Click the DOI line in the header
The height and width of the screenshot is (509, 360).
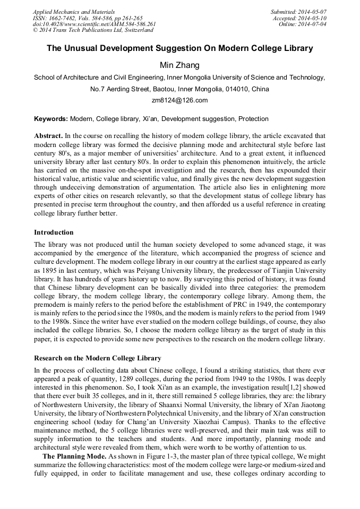coord(95,24)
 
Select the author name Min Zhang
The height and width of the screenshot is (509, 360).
coord(179,65)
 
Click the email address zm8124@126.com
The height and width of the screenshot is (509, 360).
coord(179,100)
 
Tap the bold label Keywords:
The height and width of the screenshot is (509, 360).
coord(51,119)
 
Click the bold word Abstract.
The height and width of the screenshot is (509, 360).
coord(48,136)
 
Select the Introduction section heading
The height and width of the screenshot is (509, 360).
coord(54,232)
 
